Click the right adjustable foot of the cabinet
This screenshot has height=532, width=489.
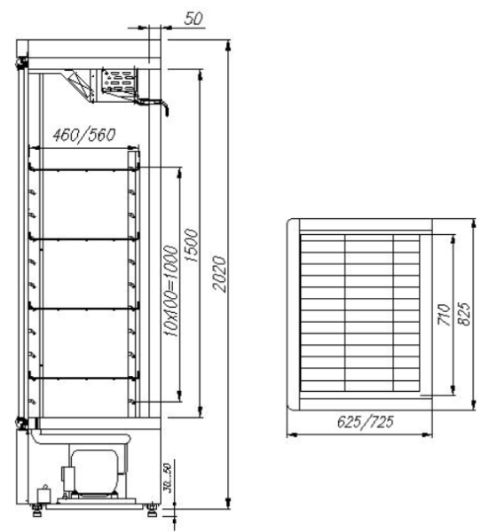pos(154,509)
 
